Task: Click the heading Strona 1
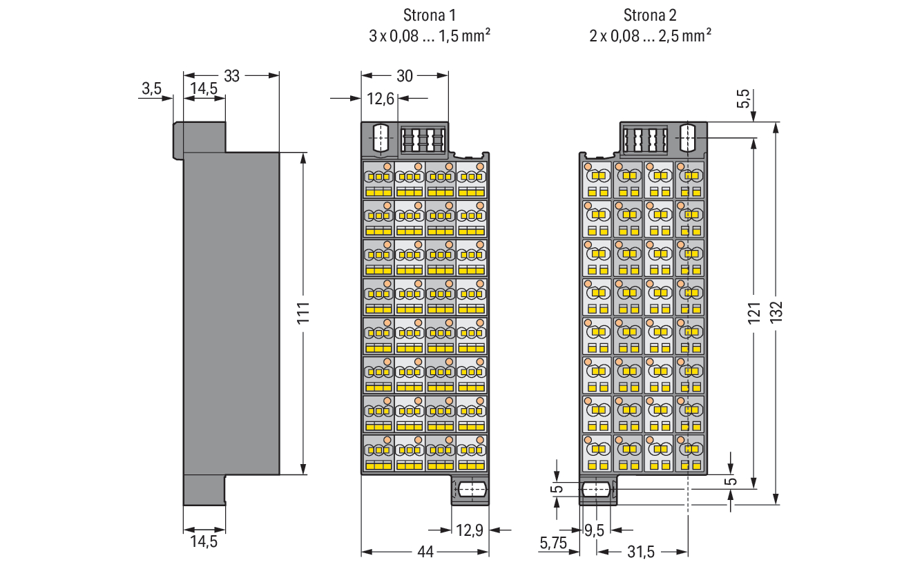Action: (x=430, y=15)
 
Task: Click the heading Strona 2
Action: (x=650, y=15)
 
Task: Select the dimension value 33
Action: (x=231, y=76)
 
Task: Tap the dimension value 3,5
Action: (x=151, y=88)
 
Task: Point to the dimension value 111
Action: (x=303, y=313)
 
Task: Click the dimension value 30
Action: (x=404, y=76)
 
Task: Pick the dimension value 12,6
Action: (x=381, y=99)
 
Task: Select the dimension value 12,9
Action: (x=470, y=530)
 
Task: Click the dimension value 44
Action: (x=425, y=552)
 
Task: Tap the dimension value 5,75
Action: (x=553, y=543)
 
